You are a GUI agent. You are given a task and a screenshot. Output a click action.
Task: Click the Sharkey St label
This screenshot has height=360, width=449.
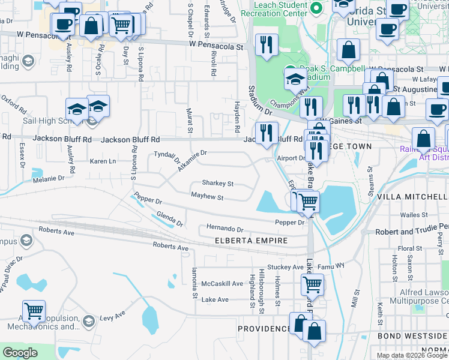[217, 183]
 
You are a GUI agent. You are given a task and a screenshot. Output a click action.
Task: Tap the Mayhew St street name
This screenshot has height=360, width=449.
[207, 197]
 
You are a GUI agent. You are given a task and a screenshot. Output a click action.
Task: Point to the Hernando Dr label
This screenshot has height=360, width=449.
[224, 229]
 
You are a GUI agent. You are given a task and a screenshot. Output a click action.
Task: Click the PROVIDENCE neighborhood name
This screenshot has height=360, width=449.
[264, 329]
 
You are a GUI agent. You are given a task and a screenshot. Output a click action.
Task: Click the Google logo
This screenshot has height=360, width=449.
[20, 352]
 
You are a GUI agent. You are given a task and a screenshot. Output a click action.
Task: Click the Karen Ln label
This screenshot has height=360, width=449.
[103, 161]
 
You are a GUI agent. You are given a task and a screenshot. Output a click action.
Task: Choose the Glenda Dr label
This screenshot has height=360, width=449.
[169, 220]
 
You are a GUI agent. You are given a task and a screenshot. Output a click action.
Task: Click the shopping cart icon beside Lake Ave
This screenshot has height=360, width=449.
[312, 284]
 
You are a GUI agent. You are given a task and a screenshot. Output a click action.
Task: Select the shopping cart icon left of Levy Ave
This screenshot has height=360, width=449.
[34, 311]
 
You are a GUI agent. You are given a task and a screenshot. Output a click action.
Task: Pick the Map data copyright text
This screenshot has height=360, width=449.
[412, 355]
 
